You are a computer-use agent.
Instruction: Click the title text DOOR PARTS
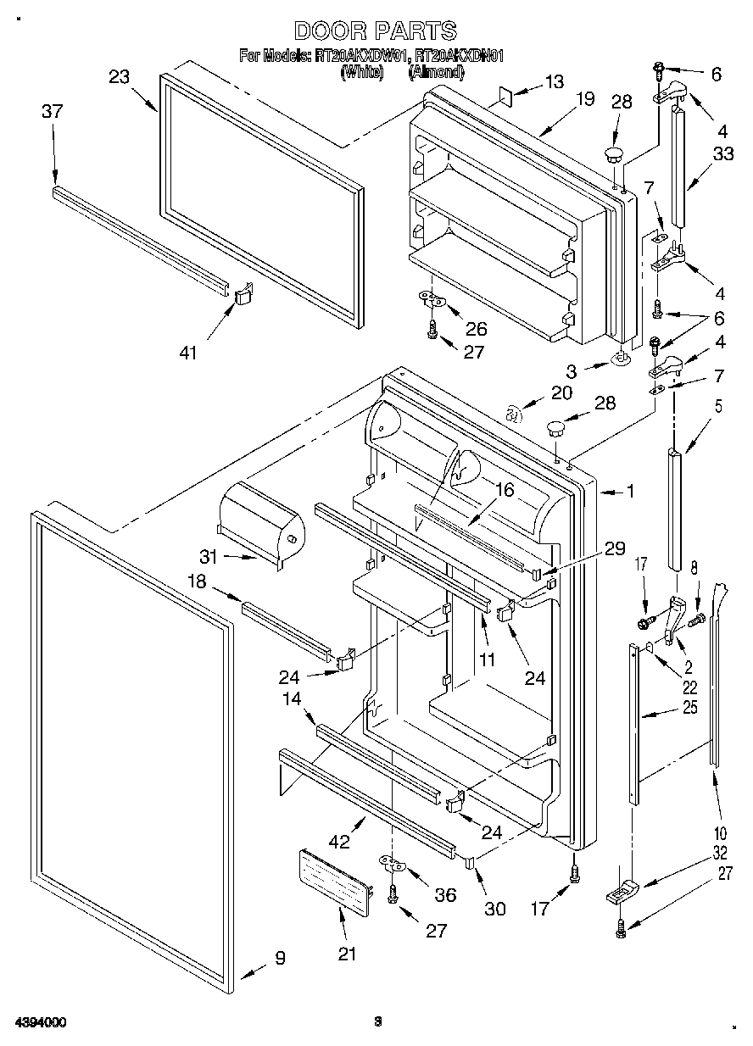pyautogui.click(x=375, y=31)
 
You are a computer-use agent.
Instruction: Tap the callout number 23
pyautogui.click(x=120, y=77)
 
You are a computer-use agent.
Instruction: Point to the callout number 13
pyautogui.click(x=554, y=82)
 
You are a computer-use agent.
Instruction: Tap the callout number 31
pyautogui.click(x=209, y=557)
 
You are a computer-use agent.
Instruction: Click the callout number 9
pyautogui.click(x=280, y=959)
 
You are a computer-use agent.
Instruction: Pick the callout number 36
pyautogui.click(x=444, y=895)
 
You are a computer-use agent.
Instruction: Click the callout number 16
pyautogui.click(x=505, y=490)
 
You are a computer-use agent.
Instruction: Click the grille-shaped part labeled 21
pyautogui.click(x=336, y=880)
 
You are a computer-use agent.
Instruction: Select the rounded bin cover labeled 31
pyautogui.click(x=259, y=521)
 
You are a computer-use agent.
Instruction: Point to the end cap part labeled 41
pyautogui.click(x=243, y=293)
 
